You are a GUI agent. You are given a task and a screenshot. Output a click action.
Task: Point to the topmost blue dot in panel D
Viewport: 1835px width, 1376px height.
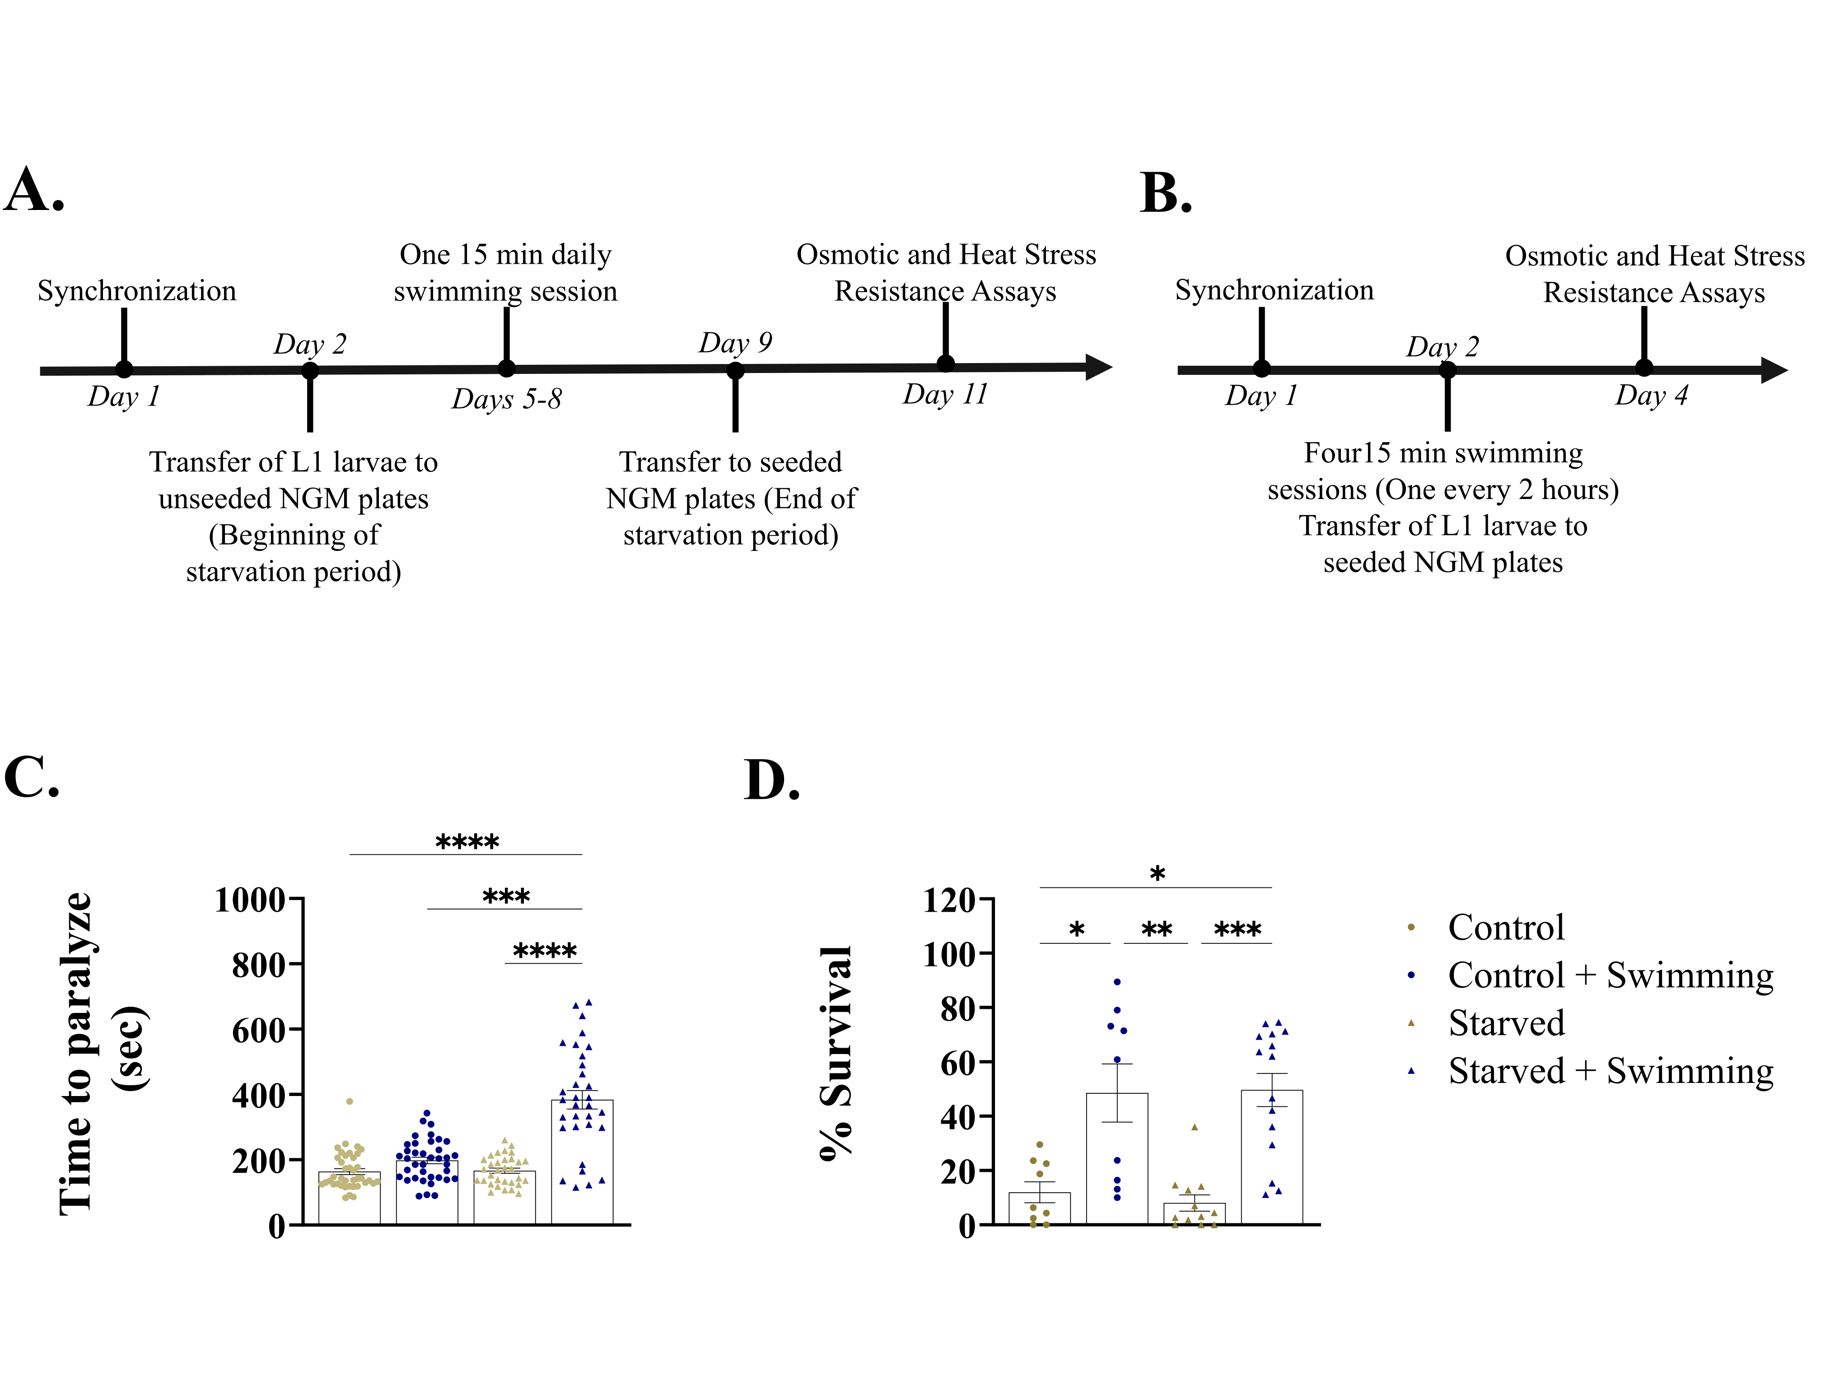1117,982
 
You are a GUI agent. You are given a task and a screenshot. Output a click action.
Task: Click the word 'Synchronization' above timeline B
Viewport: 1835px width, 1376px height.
1274,290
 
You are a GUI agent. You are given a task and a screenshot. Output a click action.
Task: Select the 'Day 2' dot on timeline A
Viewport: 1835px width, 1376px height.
310,371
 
